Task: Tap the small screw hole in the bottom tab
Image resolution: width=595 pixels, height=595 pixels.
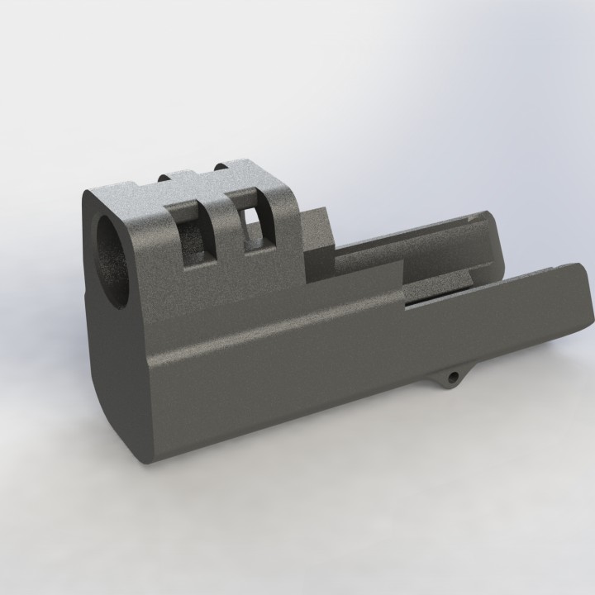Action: point(452,378)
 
